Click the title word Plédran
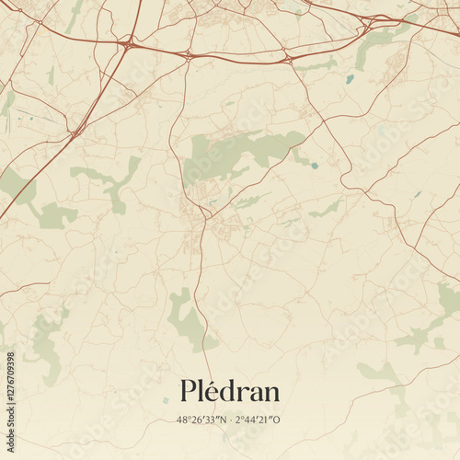click(x=230, y=392)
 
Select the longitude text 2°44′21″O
click(x=259, y=420)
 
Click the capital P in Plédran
click(x=190, y=392)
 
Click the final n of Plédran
click(x=270, y=394)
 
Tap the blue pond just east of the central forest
click(x=315, y=166)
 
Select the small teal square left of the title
click(x=166, y=399)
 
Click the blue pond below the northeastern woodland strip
click(x=350, y=79)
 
